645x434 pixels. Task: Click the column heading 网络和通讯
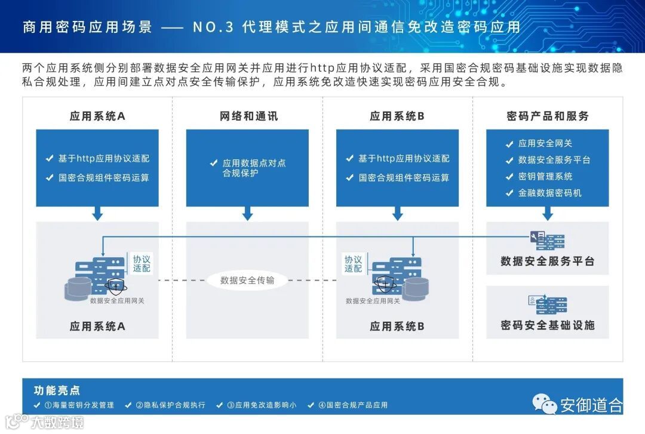click(x=248, y=116)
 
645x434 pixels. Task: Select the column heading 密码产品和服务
click(x=547, y=116)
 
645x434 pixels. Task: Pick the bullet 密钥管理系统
click(x=545, y=176)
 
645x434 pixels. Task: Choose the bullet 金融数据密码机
click(x=549, y=193)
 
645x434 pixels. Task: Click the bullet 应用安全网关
click(x=545, y=143)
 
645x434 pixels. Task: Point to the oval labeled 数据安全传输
click(x=247, y=280)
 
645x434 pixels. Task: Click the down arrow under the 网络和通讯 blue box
click(x=247, y=213)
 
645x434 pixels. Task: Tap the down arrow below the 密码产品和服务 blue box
click(x=547, y=213)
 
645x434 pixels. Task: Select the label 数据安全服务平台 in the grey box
click(x=547, y=261)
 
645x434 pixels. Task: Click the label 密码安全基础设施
click(x=547, y=325)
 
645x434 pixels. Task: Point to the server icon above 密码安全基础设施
click(x=547, y=305)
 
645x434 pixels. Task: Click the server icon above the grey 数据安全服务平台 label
click(x=547, y=240)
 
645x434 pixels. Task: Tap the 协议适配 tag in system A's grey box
click(x=142, y=264)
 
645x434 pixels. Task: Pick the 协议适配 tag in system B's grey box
click(x=353, y=264)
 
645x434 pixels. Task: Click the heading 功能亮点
click(x=57, y=390)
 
